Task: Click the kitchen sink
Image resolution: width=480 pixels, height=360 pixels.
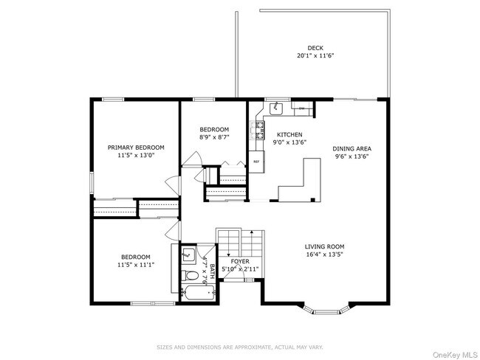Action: (x=275, y=108)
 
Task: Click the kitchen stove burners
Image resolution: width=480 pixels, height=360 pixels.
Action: (x=259, y=132)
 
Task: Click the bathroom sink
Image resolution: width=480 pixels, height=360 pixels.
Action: (x=188, y=256)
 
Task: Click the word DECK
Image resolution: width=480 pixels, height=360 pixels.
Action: (x=315, y=48)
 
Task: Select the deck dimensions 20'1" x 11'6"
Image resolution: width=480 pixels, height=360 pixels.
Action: (x=315, y=56)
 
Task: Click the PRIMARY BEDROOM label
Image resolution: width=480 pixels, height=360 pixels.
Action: (x=136, y=148)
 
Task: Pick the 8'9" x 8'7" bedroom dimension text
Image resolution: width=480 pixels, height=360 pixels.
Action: (x=214, y=137)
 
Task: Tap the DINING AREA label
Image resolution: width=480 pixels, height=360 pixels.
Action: (x=351, y=148)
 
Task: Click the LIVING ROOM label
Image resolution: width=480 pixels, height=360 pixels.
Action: (x=325, y=246)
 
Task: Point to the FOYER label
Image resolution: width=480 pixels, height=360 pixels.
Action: (x=240, y=261)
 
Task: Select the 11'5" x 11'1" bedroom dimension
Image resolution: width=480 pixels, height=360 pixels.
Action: (x=136, y=265)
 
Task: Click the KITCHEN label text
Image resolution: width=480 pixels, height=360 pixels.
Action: (x=288, y=134)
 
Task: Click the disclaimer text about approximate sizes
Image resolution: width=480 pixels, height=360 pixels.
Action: (x=240, y=346)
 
